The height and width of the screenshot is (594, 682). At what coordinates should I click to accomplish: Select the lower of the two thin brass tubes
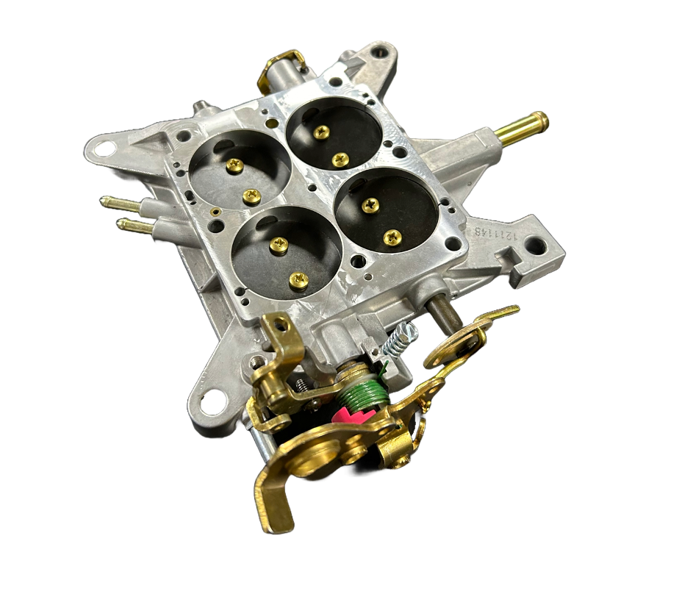point(134,225)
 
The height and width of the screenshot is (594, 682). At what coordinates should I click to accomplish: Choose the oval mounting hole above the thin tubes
point(105,150)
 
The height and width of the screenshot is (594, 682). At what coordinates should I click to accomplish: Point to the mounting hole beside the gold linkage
point(212,401)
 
